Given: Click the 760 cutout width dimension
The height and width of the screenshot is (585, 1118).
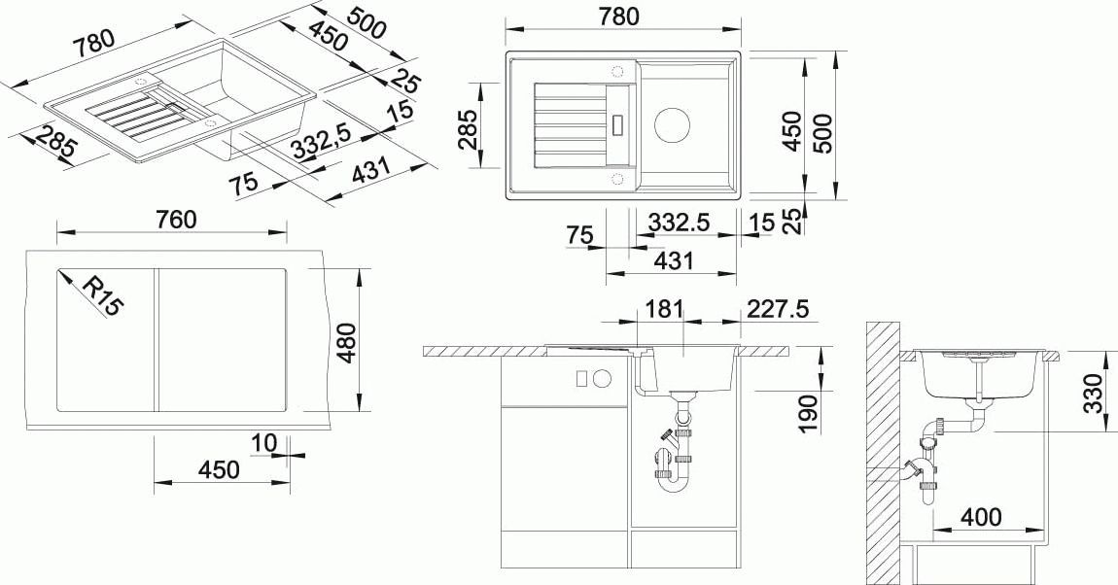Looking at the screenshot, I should click(176, 220).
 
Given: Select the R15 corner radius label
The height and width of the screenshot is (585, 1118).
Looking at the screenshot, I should click(102, 296).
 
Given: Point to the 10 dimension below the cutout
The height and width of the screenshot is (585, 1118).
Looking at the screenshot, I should click(263, 444).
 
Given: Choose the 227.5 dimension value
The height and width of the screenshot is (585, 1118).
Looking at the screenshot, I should click(776, 309).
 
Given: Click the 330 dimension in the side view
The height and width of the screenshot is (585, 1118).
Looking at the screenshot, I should click(1096, 394).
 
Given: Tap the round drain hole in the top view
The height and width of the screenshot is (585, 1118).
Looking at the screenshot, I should click(672, 124).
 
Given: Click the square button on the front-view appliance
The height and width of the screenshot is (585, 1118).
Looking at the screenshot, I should click(582, 378).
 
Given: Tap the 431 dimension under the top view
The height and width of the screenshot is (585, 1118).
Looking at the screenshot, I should click(674, 260).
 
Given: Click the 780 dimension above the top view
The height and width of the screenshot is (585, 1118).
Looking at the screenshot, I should click(619, 17).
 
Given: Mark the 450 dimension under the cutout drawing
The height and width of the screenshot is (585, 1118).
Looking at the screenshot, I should click(219, 469).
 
